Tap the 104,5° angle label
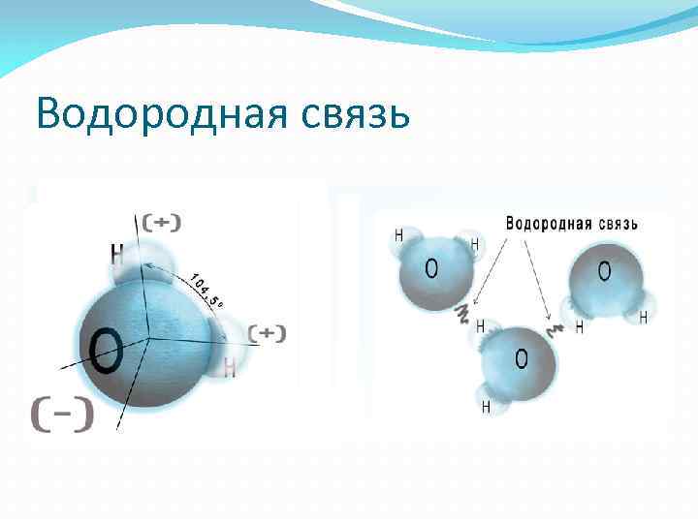tap(205, 289)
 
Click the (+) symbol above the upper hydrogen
tap(162, 222)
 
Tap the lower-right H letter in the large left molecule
tap(230, 367)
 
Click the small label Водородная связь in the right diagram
tap(571, 224)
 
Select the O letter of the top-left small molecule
tap(430, 267)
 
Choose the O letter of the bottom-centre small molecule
tap(522, 360)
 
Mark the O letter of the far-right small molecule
tap(605, 272)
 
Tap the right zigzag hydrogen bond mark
tap(556, 329)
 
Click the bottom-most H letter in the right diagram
tap(486, 407)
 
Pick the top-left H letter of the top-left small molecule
tap(398, 235)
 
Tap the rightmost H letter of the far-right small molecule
tap(642, 317)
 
